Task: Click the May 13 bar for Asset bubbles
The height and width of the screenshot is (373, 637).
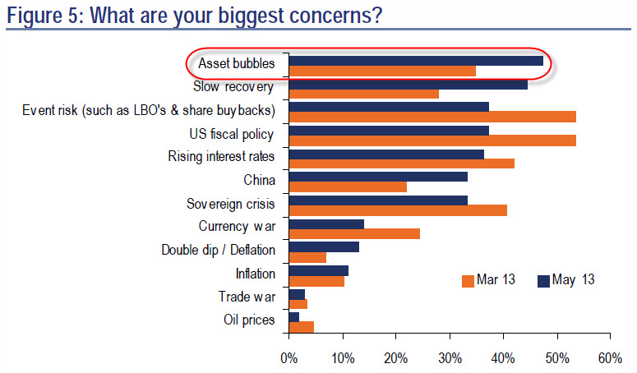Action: click(416, 61)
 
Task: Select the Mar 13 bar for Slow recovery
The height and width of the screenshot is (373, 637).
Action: click(363, 94)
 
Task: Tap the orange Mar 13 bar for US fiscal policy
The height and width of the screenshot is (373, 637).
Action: click(432, 140)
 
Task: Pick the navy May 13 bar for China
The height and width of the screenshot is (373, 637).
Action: click(378, 177)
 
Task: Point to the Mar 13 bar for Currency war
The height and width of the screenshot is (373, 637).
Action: click(354, 234)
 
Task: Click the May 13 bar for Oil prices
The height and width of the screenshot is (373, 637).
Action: click(294, 317)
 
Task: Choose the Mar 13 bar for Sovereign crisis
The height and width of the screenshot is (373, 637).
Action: click(398, 210)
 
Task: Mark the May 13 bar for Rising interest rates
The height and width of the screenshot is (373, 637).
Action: click(386, 154)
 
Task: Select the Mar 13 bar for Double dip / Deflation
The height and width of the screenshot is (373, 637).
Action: click(307, 258)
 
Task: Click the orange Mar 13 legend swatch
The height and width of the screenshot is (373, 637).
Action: click(468, 281)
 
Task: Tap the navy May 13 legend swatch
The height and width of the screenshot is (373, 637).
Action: click(543, 281)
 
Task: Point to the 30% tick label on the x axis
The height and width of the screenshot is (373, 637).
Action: click(450, 358)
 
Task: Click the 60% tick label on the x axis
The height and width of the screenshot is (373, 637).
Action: click(610, 358)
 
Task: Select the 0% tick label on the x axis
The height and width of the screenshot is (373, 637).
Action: click(288, 358)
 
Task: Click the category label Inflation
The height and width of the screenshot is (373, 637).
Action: click(256, 274)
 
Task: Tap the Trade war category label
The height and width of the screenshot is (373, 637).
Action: click(247, 297)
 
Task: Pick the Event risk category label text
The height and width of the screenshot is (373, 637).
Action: click(149, 110)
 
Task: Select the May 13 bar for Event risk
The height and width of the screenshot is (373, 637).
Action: click(389, 107)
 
